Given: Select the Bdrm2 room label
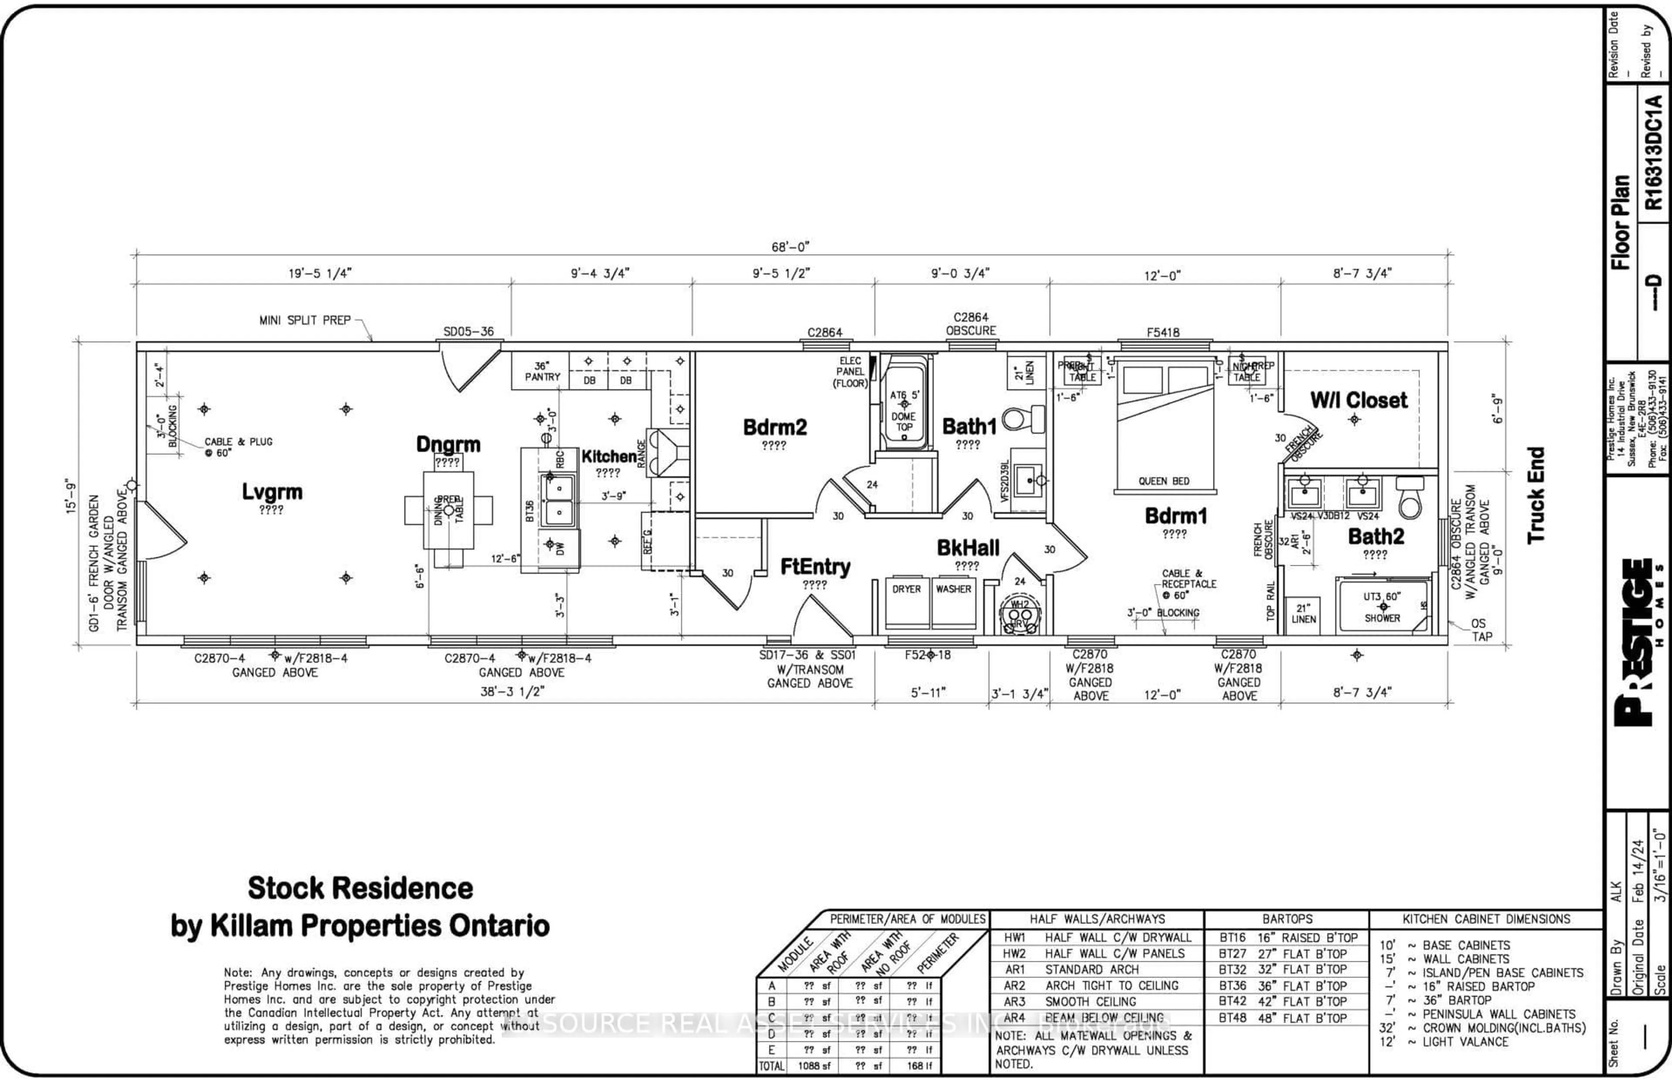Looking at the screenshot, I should [775, 427].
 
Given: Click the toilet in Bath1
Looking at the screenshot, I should [1024, 420].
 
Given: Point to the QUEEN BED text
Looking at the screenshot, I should [1163, 481].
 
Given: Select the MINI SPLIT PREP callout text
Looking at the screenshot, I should [305, 320].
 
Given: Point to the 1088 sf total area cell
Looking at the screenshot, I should [813, 1066].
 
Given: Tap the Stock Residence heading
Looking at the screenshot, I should [360, 888].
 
